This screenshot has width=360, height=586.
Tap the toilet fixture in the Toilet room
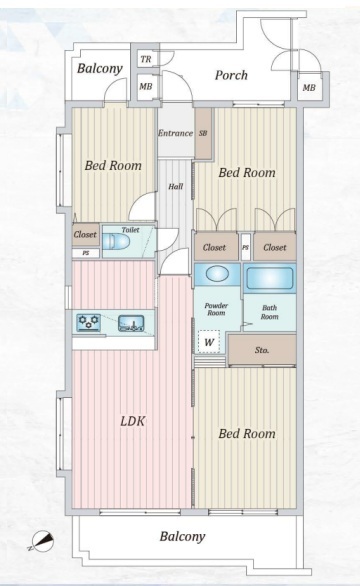tap(116, 241)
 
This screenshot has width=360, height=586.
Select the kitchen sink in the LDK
tap(131, 323)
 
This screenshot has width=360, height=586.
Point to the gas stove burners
tap(89, 322)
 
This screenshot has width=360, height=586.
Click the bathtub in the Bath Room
tap(270, 278)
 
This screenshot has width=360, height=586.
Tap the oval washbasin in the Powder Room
tap(217, 274)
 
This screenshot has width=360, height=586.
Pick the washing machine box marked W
tap(209, 342)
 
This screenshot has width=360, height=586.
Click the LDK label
tap(133, 422)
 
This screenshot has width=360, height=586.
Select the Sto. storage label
tap(262, 350)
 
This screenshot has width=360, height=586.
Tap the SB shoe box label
tap(203, 133)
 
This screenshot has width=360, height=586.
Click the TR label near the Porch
tap(146, 59)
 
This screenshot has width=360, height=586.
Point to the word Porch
tap(231, 75)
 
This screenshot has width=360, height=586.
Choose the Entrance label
tap(175, 133)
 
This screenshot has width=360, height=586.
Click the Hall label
tap(175, 186)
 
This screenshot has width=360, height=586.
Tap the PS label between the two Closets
tap(246, 247)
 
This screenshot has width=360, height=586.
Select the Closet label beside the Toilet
tap(85, 234)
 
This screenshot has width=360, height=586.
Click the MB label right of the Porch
tap(309, 88)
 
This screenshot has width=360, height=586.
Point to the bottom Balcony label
tap(182, 537)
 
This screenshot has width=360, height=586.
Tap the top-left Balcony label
tap(100, 68)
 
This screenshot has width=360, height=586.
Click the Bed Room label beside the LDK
tap(247, 434)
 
